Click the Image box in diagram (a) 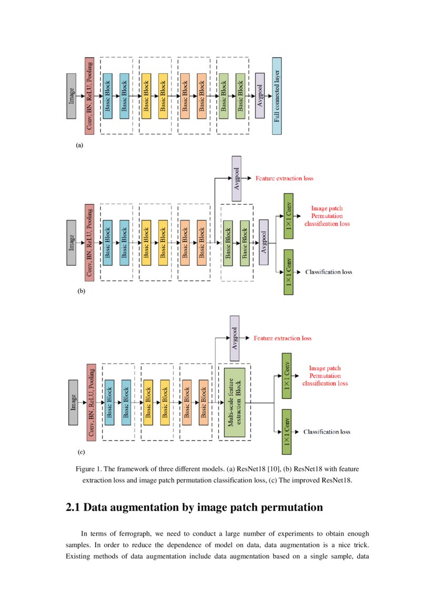pos(72,96)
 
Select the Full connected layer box pos(276,96)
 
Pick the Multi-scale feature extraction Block pos(235,402)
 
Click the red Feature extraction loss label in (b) pos(284,178)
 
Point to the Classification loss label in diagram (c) pos(327,432)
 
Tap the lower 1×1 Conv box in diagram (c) pos(287,432)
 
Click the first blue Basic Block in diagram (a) pos(107,96)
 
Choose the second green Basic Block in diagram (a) pos(240,96)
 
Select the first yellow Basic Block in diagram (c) pos(148,402)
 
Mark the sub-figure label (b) pos(80,290)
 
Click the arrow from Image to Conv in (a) pos(80,96)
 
